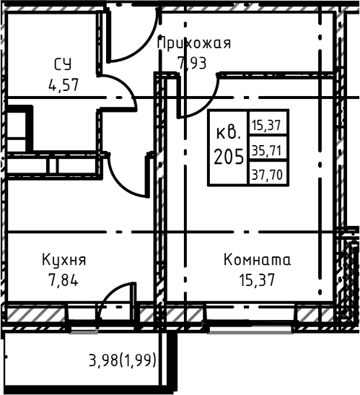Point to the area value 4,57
pos(63,83)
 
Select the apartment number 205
pos(228,156)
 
